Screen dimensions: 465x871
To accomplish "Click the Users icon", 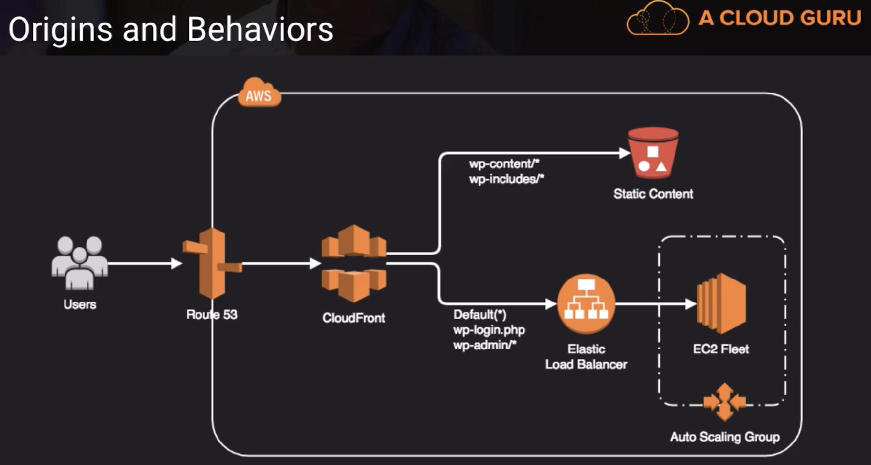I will coord(79,262).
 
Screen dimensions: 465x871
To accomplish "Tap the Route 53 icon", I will coord(212,263).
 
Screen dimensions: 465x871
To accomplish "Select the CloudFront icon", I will coord(353,263).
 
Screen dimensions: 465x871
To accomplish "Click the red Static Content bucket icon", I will coord(653,153).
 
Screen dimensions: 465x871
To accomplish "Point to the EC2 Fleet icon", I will coord(721,303).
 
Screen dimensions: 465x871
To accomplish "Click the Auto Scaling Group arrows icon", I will coord(725,402).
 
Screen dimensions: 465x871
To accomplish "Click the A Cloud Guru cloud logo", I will coord(658,19).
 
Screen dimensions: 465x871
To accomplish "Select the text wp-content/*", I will coord(504,163).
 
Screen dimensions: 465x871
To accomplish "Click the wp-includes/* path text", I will coord(506,179).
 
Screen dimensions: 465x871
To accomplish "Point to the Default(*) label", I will coord(479,314).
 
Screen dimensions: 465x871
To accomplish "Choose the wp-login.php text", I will coord(489,330).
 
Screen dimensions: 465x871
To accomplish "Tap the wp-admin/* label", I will coord(484,345).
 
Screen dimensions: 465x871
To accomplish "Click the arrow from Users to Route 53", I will coord(144,264).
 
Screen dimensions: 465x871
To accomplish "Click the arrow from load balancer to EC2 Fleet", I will coord(655,304).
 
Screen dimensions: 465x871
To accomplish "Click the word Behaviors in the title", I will coord(260,29).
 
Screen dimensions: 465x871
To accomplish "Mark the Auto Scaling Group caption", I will coord(724,437).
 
